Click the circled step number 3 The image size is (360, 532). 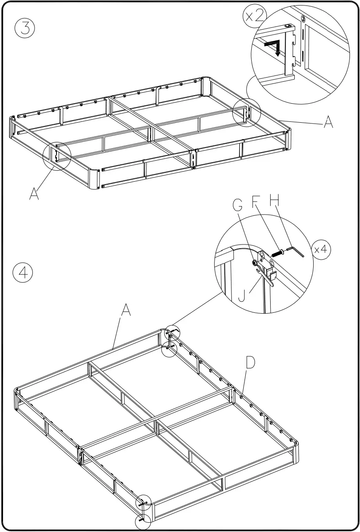[x=25, y=29]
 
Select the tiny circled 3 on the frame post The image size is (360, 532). [x=303, y=18]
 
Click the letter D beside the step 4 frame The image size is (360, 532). [x=250, y=363]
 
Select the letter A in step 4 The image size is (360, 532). [x=126, y=311]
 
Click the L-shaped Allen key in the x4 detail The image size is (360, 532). [x=296, y=252]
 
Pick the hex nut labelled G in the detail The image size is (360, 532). [x=255, y=263]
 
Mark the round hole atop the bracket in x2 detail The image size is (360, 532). [x=288, y=26]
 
